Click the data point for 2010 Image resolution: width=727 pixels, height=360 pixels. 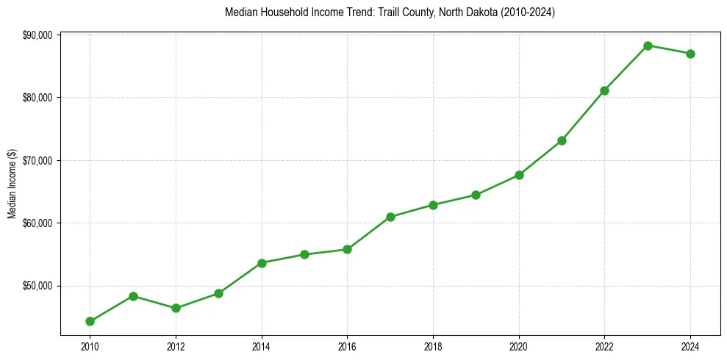point(90,321)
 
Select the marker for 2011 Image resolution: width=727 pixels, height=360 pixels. point(133,296)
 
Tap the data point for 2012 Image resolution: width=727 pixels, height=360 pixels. point(176,308)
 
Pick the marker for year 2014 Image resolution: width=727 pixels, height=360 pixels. point(262,263)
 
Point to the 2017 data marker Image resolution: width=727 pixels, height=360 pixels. point(390,217)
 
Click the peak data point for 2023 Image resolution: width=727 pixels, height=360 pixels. point(648,46)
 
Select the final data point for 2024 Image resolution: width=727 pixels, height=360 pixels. point(690,54)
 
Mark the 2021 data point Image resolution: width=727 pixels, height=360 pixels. point(562,140)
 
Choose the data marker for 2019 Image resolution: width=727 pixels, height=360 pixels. point(476,195)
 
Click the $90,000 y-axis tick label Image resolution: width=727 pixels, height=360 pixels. point(37,35)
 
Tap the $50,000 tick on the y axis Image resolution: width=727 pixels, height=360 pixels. point(37,286)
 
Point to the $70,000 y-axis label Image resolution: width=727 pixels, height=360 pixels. point(37,160)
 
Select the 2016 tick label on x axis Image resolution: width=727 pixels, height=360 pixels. point(347,345)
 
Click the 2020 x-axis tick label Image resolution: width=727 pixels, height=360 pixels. point(519,345)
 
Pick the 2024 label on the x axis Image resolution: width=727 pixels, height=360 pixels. point(690,345)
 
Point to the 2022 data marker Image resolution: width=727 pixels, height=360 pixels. point(604,90)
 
